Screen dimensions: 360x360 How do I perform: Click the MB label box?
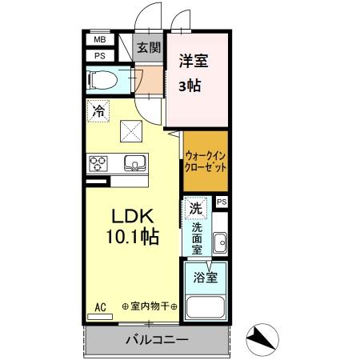[x=100, y=39]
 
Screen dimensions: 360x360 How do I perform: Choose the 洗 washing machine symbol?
[x=195, y=207]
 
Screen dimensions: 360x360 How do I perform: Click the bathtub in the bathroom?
[x=206, y=308]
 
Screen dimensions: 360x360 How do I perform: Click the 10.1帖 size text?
[x=130, y=238]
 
